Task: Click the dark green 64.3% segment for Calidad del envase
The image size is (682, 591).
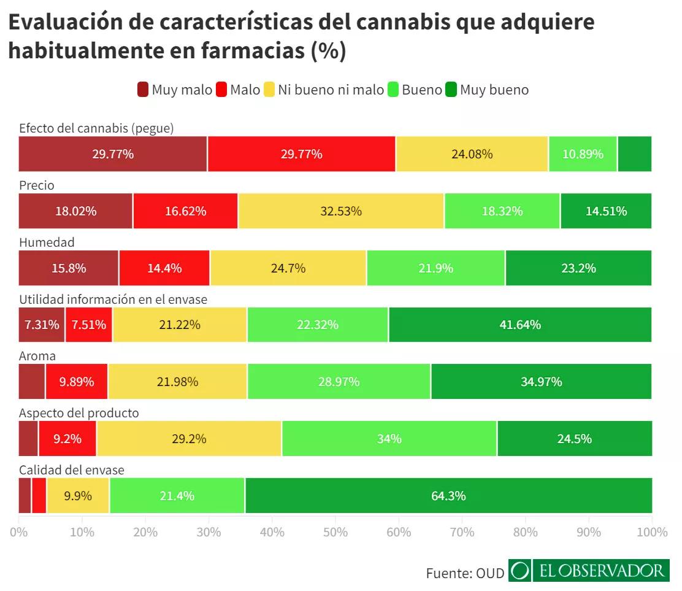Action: point(448,495)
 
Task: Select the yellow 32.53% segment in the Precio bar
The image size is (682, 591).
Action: point(341,211)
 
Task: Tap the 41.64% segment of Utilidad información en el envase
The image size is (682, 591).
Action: point(520,325)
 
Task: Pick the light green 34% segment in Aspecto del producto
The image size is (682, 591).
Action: point(389,439)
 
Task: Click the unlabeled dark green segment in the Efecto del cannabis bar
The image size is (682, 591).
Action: point(635,154)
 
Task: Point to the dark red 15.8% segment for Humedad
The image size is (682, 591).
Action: point(69,268)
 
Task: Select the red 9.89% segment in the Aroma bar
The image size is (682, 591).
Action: point(77,382)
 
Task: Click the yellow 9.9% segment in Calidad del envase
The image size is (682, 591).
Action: point(78,495)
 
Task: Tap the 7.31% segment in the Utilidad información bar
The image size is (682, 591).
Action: point(42,325)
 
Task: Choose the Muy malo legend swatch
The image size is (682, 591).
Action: point(143,90)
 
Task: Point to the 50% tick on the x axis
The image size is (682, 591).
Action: point(335,532)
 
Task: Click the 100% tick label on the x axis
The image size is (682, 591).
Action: point(651,532)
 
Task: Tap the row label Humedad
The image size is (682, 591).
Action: point(47,242)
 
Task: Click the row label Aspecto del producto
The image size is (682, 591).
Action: point(79,413)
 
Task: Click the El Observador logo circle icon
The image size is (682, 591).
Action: point(520,571)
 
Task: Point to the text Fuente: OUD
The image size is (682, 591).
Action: point(464,573)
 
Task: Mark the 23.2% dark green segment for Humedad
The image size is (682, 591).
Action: point(578,268)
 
